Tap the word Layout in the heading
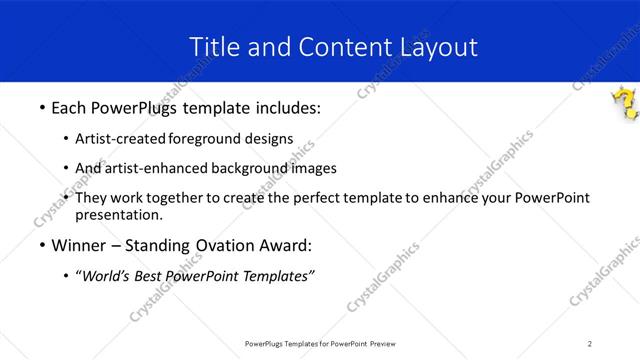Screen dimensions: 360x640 tap(440, 47)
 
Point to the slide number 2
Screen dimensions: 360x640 tap(590, 343)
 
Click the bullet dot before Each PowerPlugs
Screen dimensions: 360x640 tap(40, 106)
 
